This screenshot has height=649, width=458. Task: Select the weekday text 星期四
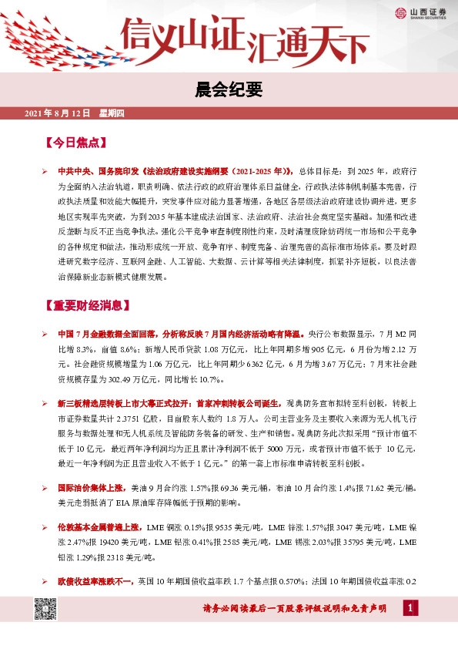112,114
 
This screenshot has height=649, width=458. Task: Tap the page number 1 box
410,609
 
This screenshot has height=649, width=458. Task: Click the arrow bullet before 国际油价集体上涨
45,489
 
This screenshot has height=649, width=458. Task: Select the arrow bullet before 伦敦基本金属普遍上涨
45,527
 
